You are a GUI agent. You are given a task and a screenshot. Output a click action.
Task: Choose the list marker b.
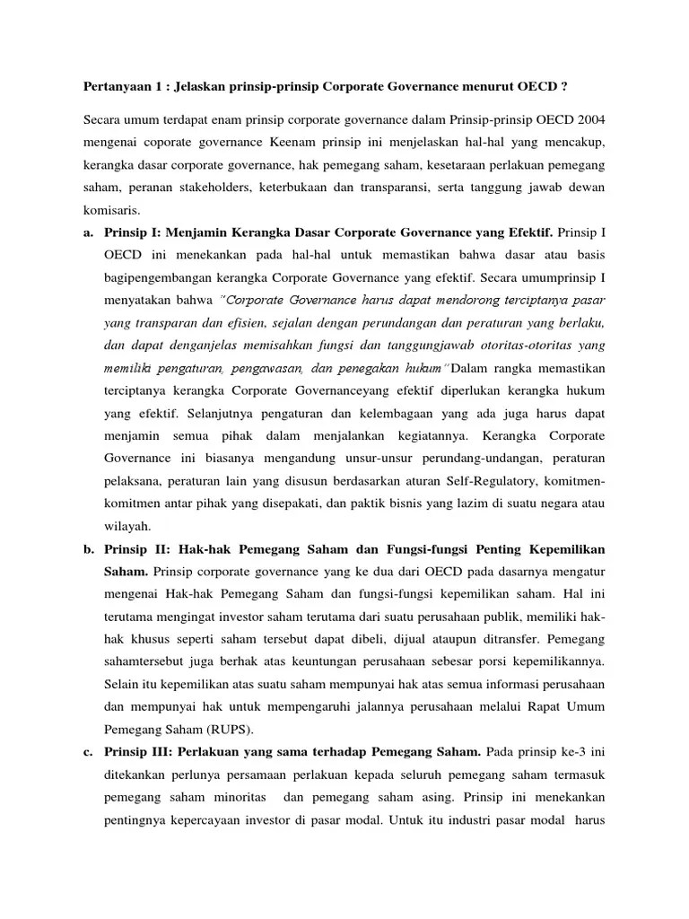click(x=89, y=547)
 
